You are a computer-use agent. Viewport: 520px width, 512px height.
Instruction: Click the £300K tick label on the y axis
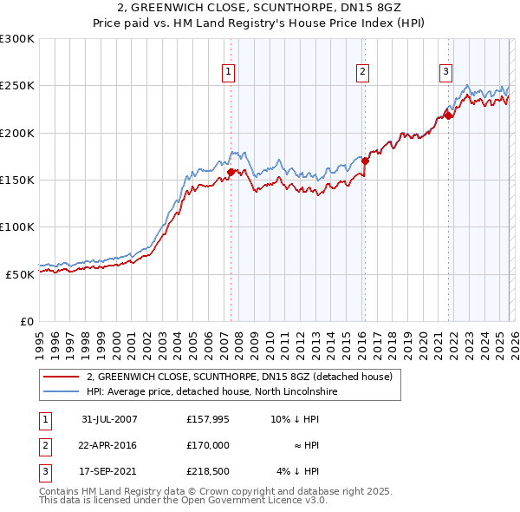[x=17, y=39]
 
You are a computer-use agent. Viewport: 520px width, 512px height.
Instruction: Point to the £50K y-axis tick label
[x=20, y=274]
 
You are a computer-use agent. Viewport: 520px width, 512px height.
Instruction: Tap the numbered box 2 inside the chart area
[x=362, y=72]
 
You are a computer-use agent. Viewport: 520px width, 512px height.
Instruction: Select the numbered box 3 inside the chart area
[x=445, y=72]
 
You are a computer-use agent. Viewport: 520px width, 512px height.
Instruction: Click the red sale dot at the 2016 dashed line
[x=366, y=161]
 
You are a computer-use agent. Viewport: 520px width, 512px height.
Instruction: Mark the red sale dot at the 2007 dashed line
[x=231, y=172]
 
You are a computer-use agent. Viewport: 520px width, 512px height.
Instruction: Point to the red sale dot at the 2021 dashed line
[x=449, y=115]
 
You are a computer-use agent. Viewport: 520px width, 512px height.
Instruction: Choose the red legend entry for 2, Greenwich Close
[x=239, y=377]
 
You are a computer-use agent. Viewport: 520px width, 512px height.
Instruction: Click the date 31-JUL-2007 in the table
[x=109, y=418]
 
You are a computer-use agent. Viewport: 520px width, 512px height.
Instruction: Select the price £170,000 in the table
[x=208, y=444]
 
